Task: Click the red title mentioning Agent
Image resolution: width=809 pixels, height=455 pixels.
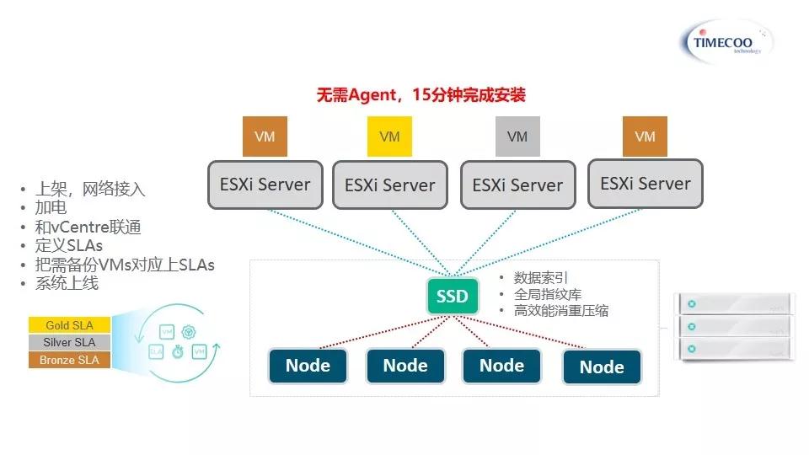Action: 421,94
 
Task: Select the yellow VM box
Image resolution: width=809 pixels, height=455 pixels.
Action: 389,136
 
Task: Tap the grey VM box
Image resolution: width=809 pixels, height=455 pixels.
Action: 517,136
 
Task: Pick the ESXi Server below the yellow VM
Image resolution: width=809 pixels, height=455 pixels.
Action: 389,185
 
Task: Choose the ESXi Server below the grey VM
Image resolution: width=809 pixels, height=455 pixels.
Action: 517,185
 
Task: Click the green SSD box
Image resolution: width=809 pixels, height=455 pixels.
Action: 453,297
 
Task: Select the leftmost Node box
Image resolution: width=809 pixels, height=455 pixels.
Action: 308,366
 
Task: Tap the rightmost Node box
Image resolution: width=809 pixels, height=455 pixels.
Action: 602,367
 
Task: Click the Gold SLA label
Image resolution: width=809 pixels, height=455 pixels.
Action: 70,325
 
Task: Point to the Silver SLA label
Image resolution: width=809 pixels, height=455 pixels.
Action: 70,342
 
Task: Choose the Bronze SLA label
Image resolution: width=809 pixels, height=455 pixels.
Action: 70,360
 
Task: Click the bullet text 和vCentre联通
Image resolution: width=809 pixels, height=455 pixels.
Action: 88,227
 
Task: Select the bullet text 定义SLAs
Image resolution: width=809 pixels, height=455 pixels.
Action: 69,245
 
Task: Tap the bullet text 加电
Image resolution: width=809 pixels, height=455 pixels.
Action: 51,208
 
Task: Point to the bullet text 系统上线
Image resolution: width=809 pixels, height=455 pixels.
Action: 67,283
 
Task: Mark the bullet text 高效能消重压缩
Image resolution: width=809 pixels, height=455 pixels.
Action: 561,311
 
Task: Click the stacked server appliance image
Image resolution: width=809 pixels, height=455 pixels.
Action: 735,326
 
